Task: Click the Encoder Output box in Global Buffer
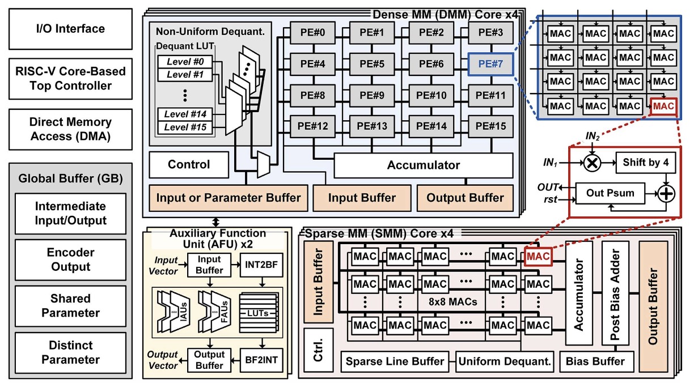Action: pyautogui.click(x=70, y=259)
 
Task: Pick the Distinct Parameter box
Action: pyautogui.click(x=70, y=352)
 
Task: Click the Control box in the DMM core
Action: pyautogui.click(x=188, y=165)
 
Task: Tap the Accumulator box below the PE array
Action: pyautogui.click(x=423, y=165)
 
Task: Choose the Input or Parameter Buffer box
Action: pyautogui.click(x=228, y=198)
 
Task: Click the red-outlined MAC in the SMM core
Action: pyautogui.click(x=538, y=257)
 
